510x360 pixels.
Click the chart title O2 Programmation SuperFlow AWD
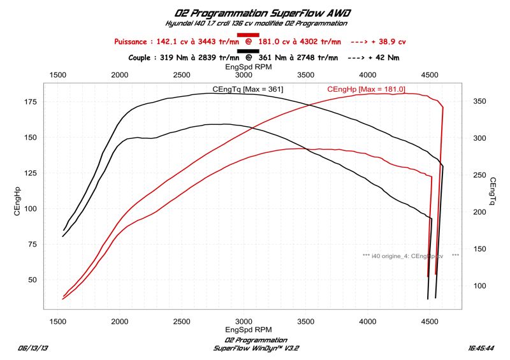(x=254, y=12)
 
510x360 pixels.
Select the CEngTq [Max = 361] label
(x=248, y=89)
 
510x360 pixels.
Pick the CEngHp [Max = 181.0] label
(x=366, y=89)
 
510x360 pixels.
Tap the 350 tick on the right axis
(x=479, y=101)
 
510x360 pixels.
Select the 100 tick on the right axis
(x=479, y=286)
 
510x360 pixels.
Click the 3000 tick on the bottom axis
(x=243, y=321)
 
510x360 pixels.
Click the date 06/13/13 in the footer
(x=33, y=349)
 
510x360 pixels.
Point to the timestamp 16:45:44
(x=482, y=349)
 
